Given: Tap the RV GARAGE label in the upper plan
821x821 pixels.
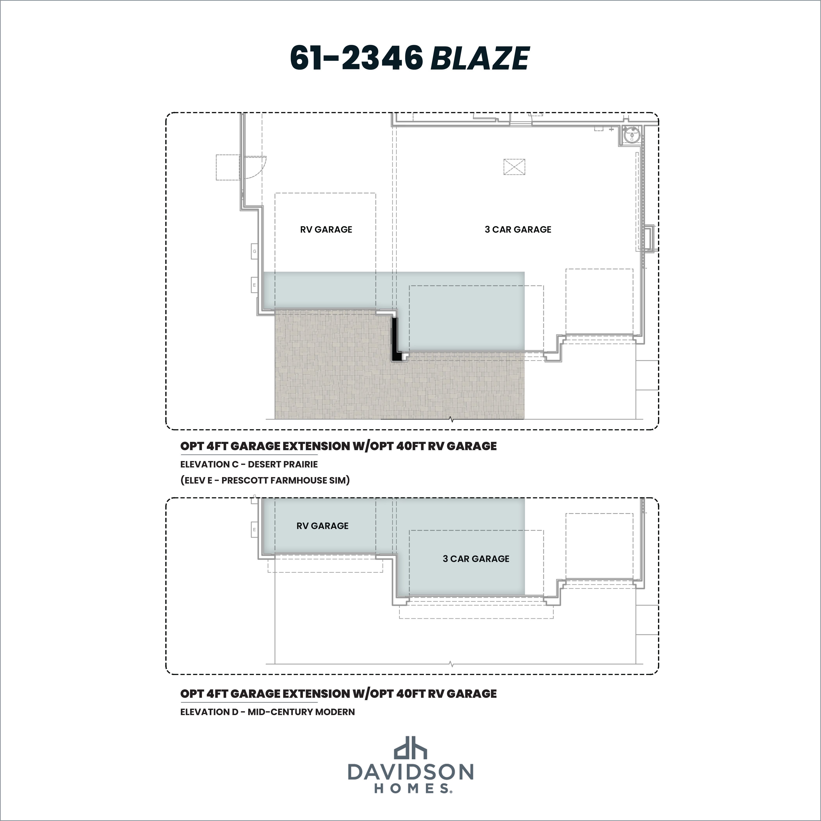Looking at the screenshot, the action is [326, 229].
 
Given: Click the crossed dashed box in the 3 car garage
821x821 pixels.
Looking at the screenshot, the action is [514, 167].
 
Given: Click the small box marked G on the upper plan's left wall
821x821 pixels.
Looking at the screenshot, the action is [254, 251].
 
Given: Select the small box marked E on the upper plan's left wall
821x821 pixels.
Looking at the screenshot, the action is [254, 285].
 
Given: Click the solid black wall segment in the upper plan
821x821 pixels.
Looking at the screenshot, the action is [396, 340].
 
